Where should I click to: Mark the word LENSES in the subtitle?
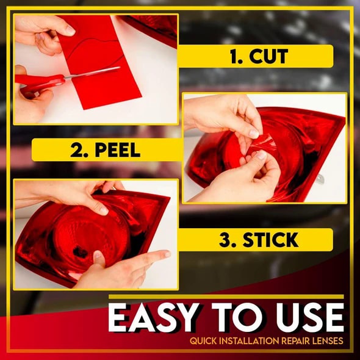[330, 342]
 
